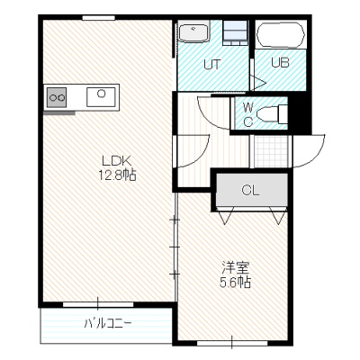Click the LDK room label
click(117, 161)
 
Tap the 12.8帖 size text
click(118, 175)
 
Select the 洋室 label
click(236, 268)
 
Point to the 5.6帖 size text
click(236, 282)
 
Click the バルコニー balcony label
click(108, 324)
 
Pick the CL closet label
click(250, 190)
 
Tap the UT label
click(212, 64)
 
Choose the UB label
click(280, 63)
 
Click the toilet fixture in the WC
click(272, 113)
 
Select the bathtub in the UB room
click(281, 35)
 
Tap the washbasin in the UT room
click(193, 33)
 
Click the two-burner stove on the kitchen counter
click(56, 97)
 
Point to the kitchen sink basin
click(101, 97)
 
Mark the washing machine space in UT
click(236, 33)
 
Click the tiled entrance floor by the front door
click(271, 151)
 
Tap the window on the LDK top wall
click(99, 18)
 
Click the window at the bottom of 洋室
click(232, 343)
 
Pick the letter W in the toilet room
click(247, 106)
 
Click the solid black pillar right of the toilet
click(300, 114)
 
